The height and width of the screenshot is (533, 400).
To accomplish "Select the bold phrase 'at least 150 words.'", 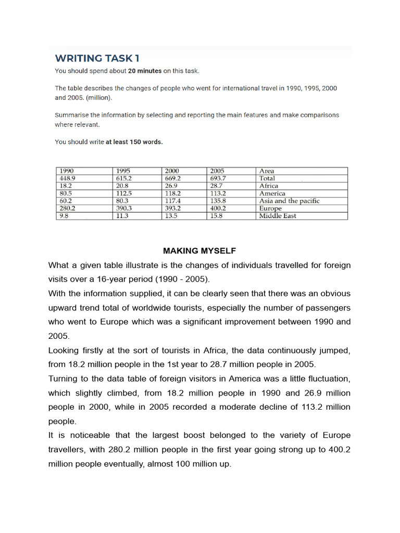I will [134, 142].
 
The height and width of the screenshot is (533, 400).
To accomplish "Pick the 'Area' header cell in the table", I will [266, 171].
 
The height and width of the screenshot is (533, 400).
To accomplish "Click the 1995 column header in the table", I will [123, 171].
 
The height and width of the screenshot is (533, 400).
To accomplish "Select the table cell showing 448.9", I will [68, 178].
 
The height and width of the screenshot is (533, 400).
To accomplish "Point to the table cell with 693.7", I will [218, 178].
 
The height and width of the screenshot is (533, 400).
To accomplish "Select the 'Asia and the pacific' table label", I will [289, 200].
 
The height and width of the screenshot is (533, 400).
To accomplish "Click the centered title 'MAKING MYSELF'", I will [199, 251].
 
